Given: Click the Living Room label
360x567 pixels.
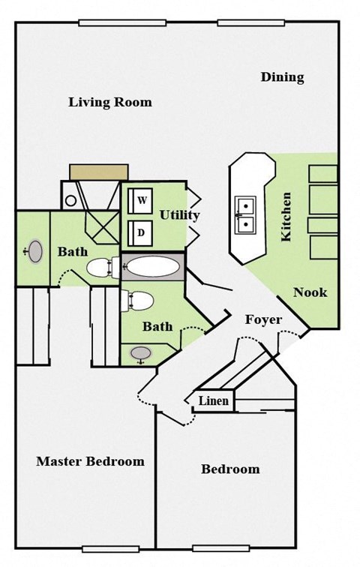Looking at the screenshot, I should pos(110,102).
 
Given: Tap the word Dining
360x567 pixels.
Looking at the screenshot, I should pos(282,77).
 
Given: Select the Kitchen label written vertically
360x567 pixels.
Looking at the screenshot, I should pos(286,217).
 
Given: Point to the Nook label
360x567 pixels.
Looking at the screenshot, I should pos(310,292).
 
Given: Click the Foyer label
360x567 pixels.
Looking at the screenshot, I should pos(263,320).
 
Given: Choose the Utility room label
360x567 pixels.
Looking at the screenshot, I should pos(179,215).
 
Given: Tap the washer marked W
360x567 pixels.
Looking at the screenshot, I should pos(141,200).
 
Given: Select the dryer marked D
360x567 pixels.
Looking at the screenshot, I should pos(141,232).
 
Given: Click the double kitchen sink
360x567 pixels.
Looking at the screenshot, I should pos(246,214).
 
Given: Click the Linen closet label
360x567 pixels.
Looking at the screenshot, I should pos(214,401).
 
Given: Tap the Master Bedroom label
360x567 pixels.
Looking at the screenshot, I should pos(90,461).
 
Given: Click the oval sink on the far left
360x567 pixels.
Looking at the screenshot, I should pos(35,252).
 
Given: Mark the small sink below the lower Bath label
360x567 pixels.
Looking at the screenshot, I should pos(139,353).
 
